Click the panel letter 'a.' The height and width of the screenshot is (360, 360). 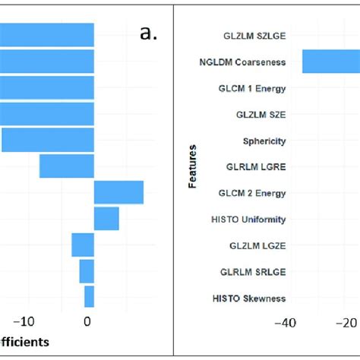coord(148,33)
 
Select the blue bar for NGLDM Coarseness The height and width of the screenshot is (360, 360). coord(330,62)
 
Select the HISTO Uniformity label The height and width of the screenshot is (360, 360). coord(248,219)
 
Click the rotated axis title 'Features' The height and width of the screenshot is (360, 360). coord(192,166)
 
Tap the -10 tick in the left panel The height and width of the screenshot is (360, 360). coord(27,321)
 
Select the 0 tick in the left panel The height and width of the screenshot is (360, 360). coord(88,321)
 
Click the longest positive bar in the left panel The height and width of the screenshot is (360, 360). coord(118,192)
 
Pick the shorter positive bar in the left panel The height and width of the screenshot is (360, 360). coord(106,219)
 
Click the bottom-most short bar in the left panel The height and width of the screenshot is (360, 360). coord(89,297)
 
